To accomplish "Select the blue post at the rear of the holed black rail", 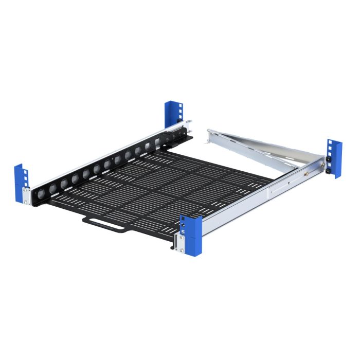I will coord(173,114).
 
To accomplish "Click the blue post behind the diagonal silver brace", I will coord(335,157).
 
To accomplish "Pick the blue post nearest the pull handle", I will coord(191,234).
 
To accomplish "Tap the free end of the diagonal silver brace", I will coord(211,135).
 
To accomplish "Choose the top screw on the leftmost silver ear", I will coord(25,191).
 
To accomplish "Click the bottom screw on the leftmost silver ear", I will coord(25,202).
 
